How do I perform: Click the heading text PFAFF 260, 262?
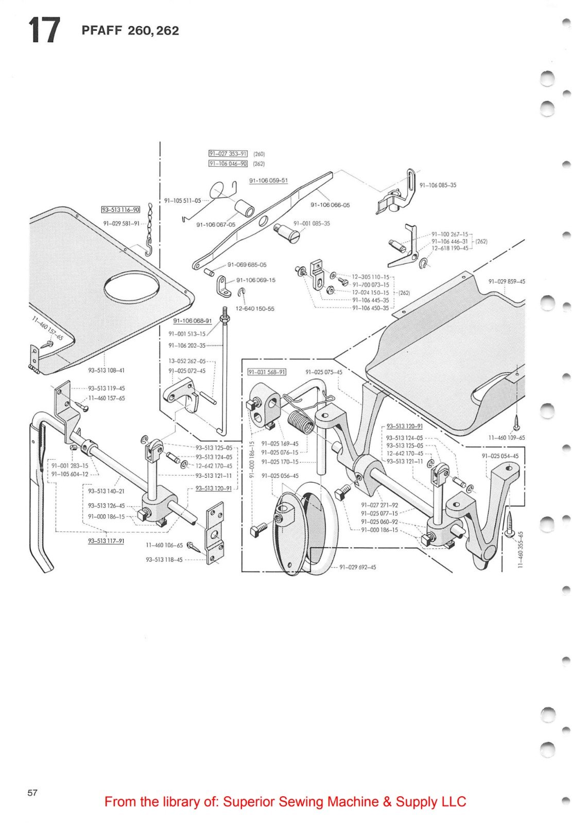(130, 31)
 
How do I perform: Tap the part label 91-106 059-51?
(268, 181)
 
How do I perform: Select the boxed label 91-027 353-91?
(228, 153)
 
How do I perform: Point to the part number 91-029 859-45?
(507, 281)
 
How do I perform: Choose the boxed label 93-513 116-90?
(120, 209)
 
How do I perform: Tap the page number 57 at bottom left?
(32, 793)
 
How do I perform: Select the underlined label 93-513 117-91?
(106, 541)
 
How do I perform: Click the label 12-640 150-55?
(255, 309)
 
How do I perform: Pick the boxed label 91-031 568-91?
(267, 372)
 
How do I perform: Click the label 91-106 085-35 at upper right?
(438, 185)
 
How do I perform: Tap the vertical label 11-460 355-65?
(521, 550)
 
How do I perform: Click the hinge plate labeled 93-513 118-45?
(215, 536)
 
